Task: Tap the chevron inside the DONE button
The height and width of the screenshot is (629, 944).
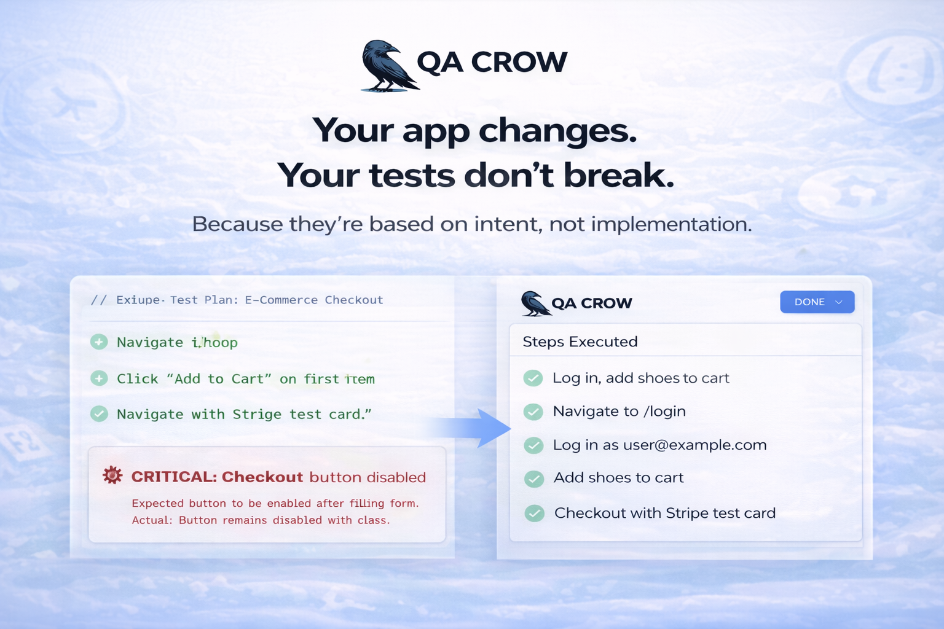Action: point(839,302)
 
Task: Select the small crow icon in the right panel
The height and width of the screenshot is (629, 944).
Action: point(535,303)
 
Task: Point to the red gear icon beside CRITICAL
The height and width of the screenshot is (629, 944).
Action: point(112,475)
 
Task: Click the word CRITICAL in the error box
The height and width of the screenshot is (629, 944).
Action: point(173,477)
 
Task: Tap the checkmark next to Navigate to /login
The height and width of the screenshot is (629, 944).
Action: point(533,412)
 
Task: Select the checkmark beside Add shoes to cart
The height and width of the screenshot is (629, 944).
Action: point(534,479)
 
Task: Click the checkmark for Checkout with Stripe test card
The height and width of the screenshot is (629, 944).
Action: point(534,513)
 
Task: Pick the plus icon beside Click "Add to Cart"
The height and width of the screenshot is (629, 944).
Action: point(99,378)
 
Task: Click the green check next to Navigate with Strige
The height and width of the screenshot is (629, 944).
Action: point(99,414)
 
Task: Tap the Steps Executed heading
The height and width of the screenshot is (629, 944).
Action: point(580,342)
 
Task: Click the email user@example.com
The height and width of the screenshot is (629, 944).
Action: point(694,445)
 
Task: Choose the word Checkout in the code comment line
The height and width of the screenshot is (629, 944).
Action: point(353,300)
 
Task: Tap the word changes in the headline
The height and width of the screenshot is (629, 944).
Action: point(557,131)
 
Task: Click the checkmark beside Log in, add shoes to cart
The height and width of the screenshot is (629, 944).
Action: point(533,378)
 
